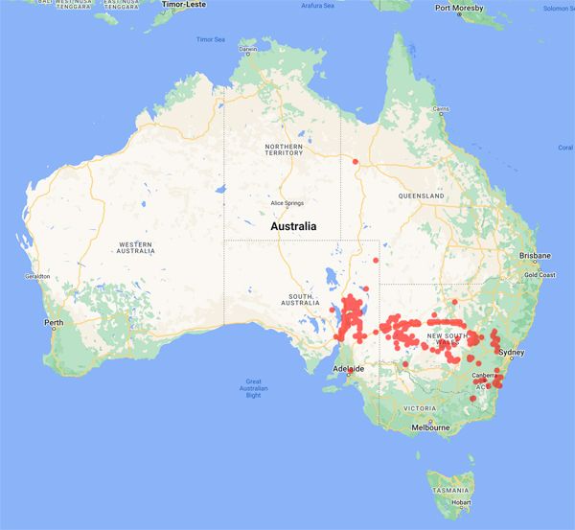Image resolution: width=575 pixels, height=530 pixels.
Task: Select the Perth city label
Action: click(x=54, y=323)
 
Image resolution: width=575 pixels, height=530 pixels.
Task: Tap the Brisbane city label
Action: click(x=535, y=256)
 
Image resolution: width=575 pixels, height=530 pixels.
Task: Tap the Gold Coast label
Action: click(x=540, y=275)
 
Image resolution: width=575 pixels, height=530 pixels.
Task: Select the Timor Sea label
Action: click(x=211, y=39)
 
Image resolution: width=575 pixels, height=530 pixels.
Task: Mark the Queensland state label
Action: click(x=418, y=196)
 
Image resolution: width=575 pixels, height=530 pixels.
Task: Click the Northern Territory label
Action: click(x=284, y=149)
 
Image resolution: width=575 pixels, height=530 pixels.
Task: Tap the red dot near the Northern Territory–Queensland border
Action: click(x=356, y=161)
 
